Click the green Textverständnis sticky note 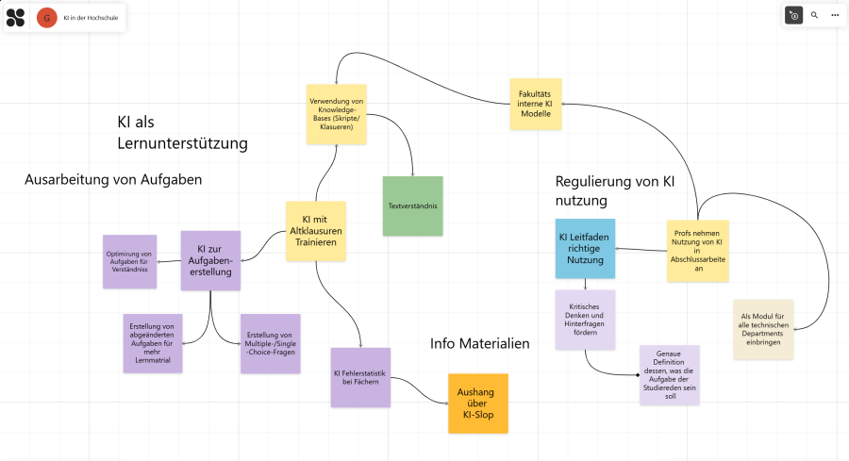[412, 205]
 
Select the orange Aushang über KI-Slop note [477, 403]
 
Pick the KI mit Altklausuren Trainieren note [316, 231]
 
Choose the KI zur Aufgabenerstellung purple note [212, 261]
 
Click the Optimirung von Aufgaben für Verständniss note [129, 261]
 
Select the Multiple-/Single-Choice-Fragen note [270, 343]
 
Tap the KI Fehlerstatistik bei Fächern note [360, 377]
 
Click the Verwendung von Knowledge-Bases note [337, 114]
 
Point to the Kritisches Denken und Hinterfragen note [585, 320]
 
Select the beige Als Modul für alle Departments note [763, 329]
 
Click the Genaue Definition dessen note [669, 374]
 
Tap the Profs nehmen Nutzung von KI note [697, 251]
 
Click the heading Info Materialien [479, 343]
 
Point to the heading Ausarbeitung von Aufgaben [113, 179]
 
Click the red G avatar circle [46, 17]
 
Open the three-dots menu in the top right [835, 16]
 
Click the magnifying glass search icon [815, 16]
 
